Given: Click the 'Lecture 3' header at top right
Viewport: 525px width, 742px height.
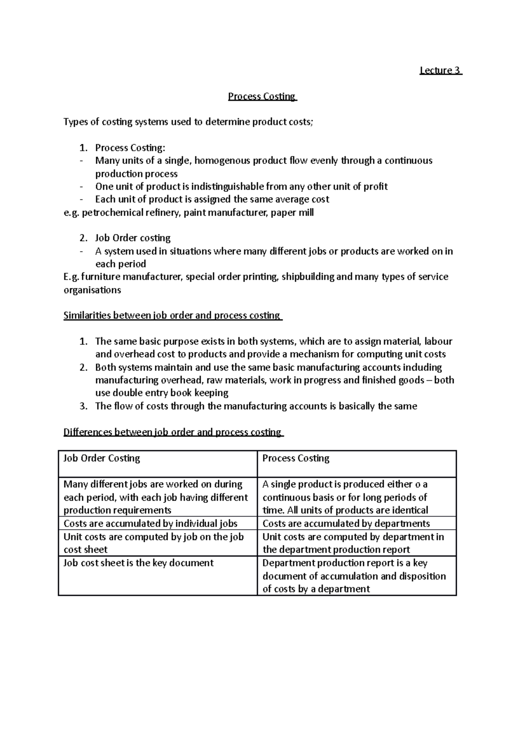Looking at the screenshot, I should point(441,70).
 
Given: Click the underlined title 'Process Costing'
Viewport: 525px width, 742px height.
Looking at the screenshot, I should point(262,96).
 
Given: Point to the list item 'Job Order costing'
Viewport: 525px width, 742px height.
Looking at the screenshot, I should point(133,238).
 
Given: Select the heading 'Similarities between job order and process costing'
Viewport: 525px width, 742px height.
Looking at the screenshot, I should point(173,316).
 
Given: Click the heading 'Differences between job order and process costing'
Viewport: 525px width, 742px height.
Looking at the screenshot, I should point(173,432).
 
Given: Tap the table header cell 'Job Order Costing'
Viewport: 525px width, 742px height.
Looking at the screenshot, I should point(102,458).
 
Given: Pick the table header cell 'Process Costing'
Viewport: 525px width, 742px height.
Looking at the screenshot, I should point(296,458).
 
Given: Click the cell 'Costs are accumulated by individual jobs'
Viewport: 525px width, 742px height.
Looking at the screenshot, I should point(150,524).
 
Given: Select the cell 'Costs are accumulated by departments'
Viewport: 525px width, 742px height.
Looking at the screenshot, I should point(346,524).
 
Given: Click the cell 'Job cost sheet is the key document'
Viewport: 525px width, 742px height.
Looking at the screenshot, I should point(138,563).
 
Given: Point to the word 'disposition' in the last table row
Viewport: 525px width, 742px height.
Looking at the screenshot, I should point(422,576).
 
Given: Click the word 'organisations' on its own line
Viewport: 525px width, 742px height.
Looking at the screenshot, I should point(92,290).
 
